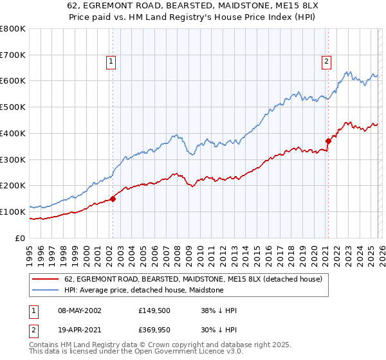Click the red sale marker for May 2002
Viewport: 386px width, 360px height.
[113, 199]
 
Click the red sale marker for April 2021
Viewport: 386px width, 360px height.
[327, 140]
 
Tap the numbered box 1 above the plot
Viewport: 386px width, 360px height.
[111, 62]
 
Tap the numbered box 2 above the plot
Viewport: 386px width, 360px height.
[327, 62]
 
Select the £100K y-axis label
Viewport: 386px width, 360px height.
[13, 212]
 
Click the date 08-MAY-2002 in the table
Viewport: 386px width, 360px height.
[80, 310]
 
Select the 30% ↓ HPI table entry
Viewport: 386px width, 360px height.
[219, 331]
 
